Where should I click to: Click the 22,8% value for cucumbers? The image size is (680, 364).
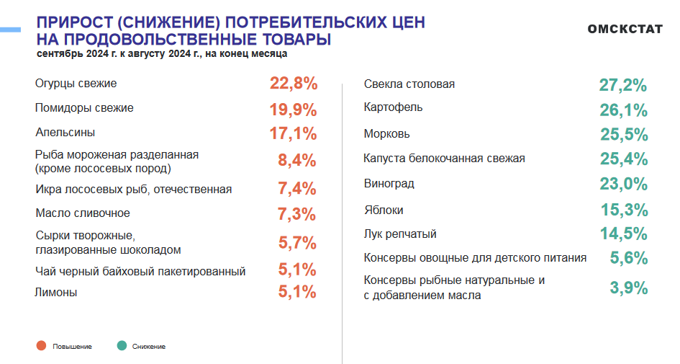294,84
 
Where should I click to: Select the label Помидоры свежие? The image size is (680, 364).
84,108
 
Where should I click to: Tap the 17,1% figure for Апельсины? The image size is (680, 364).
294,133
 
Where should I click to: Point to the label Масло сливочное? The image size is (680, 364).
83,213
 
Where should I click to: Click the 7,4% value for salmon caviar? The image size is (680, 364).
297,189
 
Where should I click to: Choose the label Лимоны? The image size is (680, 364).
56,293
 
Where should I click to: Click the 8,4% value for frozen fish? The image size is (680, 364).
297,161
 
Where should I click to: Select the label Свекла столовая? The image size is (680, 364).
409,84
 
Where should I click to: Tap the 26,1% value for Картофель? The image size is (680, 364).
624,110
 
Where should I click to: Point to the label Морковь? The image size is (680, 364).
387,134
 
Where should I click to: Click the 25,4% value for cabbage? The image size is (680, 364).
624,159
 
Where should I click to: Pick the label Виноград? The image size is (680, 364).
389,184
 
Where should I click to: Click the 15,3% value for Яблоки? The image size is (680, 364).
625,210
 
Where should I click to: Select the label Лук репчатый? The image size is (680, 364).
400,234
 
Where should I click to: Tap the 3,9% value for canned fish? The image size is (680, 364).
629,288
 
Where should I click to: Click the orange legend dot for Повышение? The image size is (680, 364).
41,347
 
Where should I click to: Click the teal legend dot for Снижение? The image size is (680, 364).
121,347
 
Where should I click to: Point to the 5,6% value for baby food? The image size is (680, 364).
629,258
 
